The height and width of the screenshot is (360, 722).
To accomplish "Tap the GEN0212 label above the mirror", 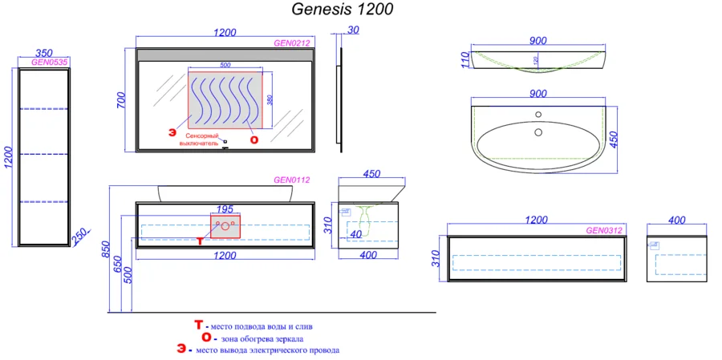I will click(292, 43).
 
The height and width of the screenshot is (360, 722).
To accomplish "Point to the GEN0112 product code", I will click(292, 180).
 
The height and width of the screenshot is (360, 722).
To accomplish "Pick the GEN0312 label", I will click(604, 230).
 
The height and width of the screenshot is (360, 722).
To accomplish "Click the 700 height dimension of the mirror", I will click(122, 100).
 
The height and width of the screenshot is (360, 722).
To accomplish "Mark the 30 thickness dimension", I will click(352, 32).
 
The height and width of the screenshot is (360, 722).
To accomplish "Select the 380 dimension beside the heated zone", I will click(270, 100).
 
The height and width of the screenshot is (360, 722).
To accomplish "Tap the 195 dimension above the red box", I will click(225, 208).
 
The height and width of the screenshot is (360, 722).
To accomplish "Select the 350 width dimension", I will click(43, 52).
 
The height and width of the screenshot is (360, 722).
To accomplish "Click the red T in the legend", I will click(199, 326).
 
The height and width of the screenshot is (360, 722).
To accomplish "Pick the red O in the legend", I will click(206, 338).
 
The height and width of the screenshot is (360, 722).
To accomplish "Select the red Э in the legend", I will click(182, 350).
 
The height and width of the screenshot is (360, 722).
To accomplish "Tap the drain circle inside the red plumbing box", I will click(225, 227).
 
